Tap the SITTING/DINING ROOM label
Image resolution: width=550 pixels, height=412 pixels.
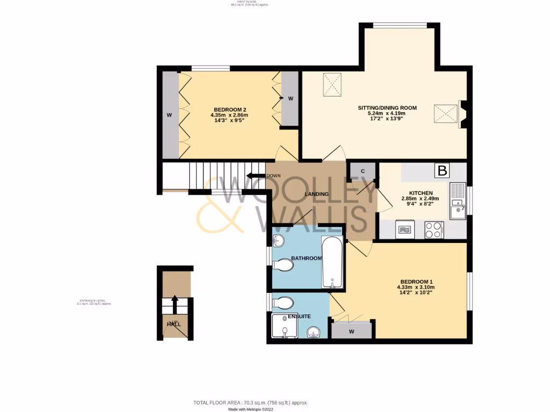coord(387,108)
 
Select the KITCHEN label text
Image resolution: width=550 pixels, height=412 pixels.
coord(421,193)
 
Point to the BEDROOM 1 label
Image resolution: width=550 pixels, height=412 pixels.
coord(416,282)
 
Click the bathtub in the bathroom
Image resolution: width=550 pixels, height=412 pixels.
coord(332,262)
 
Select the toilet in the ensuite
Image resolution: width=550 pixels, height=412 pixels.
coord(282,304)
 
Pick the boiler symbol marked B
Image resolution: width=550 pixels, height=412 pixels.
coord(443,171)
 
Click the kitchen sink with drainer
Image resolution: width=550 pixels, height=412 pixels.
coord(458,202)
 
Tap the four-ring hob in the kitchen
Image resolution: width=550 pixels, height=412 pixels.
coord(434,230)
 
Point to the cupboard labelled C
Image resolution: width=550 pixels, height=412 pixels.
coord(363,171)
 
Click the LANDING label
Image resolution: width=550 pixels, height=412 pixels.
coord(316,194)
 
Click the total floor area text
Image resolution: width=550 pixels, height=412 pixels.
coord(250,402)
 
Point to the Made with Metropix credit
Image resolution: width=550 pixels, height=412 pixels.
coord(251,409)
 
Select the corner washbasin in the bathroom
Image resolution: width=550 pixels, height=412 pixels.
coord(279,240)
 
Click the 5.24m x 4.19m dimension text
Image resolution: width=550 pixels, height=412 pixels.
coord(386,113)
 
